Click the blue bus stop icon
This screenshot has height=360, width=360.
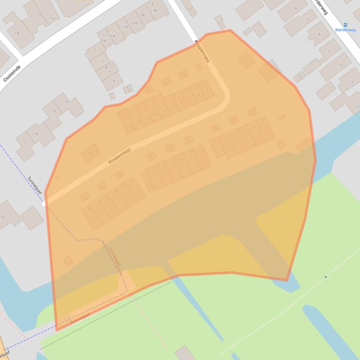(x=345, y=25)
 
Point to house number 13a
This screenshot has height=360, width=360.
(x=154, y=10)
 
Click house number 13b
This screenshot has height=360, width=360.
(x=142, y=15)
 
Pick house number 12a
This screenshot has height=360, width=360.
(x=134, y=22)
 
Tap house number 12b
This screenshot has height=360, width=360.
(x=125, y=27)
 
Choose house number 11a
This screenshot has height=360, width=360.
(x=111, y=36)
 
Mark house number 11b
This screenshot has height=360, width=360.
(x=103, y=41)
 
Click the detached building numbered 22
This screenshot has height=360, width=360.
(x=90, y=153)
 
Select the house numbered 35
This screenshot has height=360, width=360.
(x=90, y=209)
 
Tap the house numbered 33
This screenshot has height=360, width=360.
(x=98, y=203)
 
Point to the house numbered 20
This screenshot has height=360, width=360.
(x=130, y=125)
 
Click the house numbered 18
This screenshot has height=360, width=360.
(x=139, y=122)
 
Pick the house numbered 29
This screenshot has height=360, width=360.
(x=115, y=192)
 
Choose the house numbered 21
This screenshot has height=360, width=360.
(x=163, y=168)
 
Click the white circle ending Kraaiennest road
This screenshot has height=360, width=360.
(x=44, y=204)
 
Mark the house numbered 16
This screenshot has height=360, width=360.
(x=147, y=118)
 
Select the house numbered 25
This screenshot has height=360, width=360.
(x=132, y=180)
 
